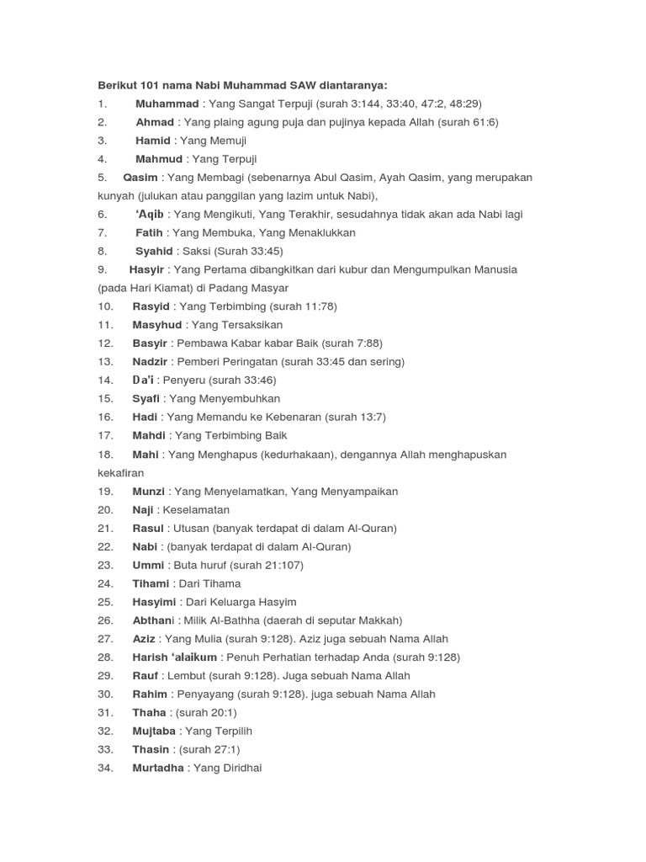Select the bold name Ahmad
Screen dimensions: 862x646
(154, 122)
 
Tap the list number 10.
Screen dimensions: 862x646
(105, 306)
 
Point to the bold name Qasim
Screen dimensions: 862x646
(140, 178)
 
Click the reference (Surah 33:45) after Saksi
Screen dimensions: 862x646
(248, 251)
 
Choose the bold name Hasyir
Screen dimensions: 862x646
(148, 269)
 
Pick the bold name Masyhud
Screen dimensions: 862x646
(158, 325)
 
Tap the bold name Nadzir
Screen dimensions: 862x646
(151, 362)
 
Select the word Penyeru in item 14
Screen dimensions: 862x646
(184, 380)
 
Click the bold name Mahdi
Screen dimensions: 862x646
(150, 435)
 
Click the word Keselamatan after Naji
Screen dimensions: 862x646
(196, 510)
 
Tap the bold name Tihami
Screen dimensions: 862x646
(151, 583)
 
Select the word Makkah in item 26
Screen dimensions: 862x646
(379, 620)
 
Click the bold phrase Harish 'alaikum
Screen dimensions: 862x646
(175, 657)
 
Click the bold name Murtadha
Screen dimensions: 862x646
(158, 769)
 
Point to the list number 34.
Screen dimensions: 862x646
(105, 769)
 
